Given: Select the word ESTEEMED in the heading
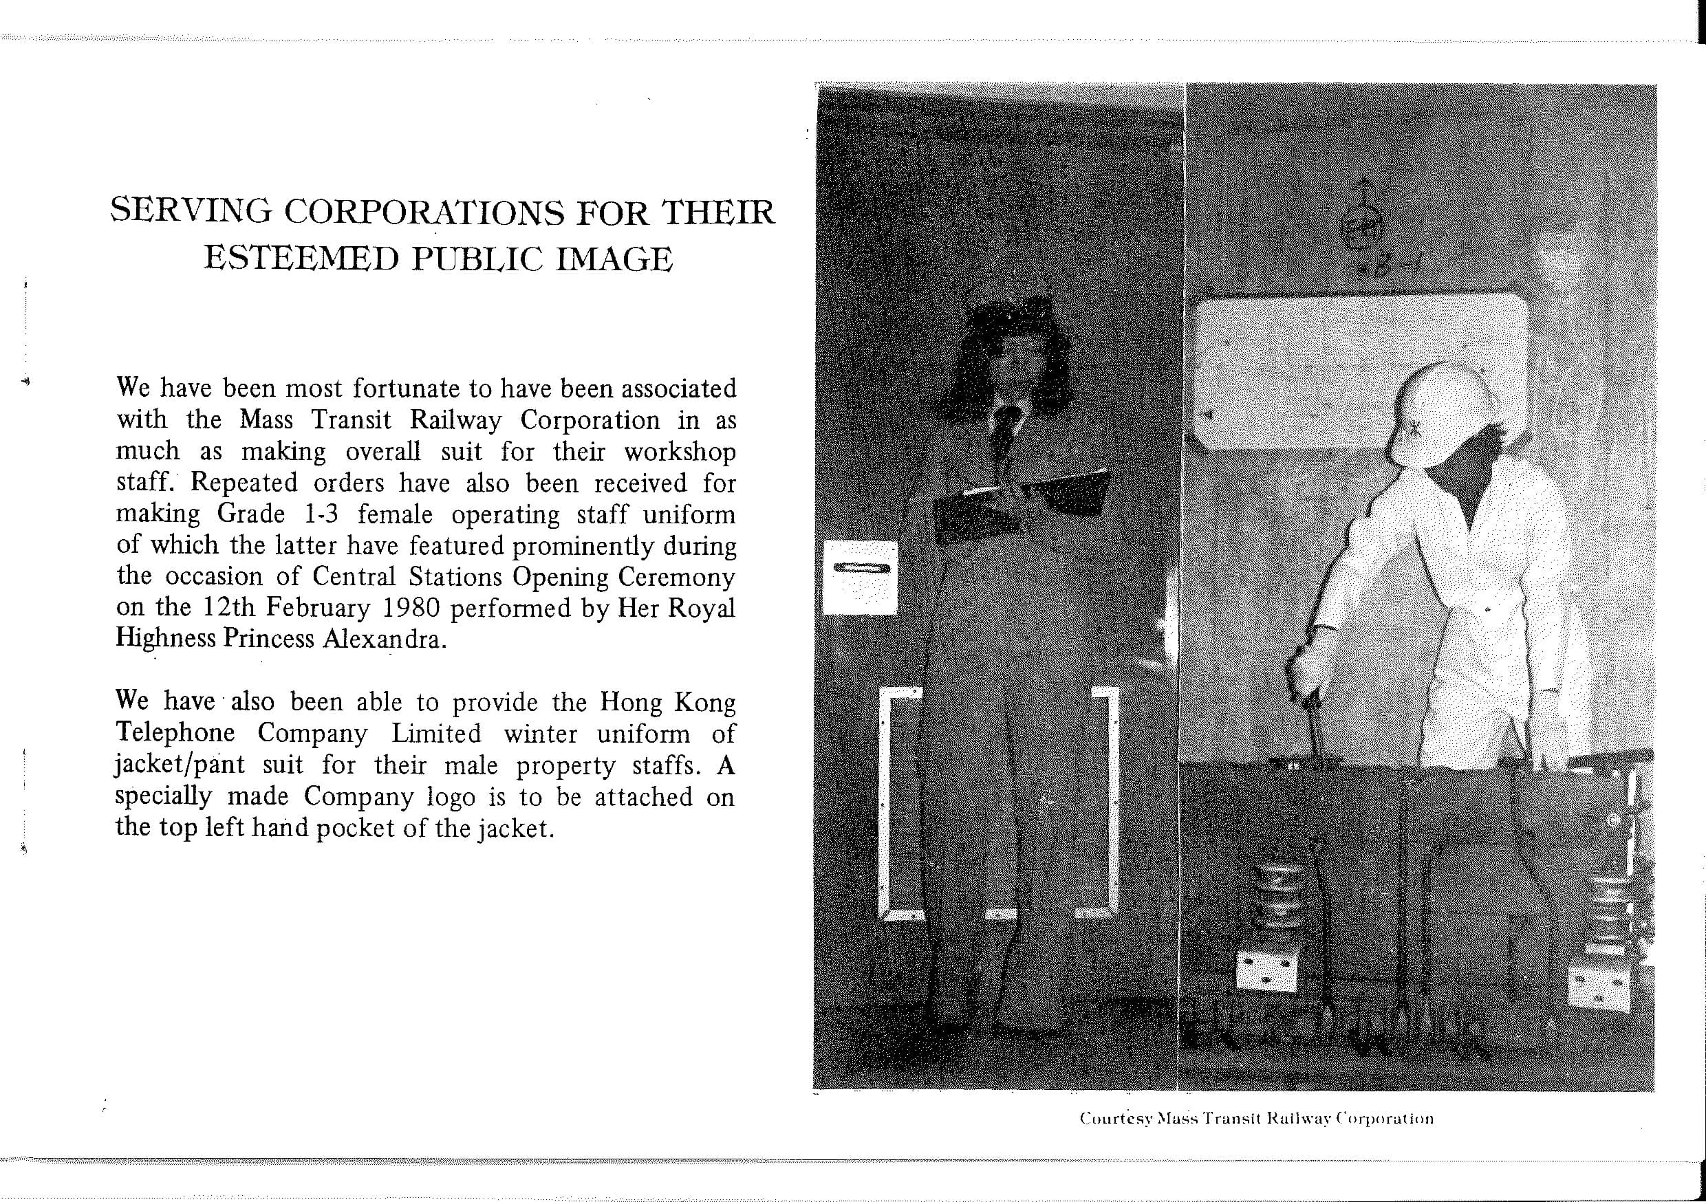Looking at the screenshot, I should click(303, 259).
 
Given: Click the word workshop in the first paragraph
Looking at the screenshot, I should click(679, 452).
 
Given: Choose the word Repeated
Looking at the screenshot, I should click(244, 483).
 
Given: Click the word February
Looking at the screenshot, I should click(317, 608).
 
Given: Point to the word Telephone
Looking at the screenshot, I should click(175, 733).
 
